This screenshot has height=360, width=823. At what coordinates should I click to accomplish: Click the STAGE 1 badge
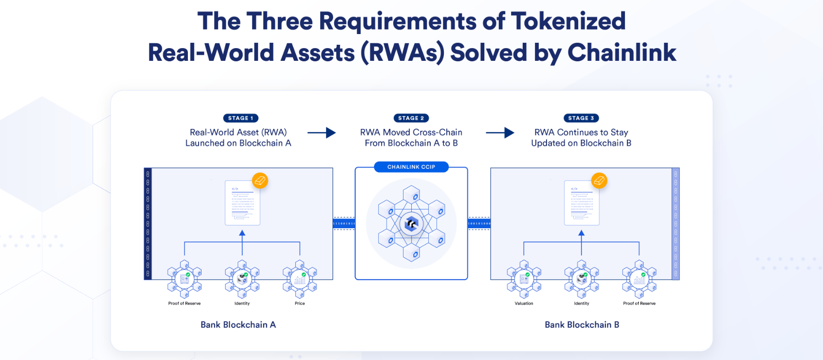coord(240,118)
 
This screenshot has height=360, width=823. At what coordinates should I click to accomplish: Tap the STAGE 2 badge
coord(411,118)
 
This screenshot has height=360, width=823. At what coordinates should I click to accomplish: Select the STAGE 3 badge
coord(581,118)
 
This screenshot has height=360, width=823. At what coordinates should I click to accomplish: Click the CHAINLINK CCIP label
coord(411,167)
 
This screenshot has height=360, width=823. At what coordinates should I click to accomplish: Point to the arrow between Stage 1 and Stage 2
coord(322,132)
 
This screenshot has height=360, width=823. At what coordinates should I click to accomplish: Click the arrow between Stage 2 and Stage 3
coord(500,132)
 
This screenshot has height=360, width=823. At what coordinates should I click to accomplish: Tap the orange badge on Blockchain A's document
coord(260,181)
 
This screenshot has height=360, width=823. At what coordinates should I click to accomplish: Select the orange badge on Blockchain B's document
coord(599,181)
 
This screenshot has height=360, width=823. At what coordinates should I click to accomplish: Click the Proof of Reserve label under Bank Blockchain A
coord(184,304)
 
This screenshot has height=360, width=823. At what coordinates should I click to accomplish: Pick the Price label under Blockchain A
coord(300,304)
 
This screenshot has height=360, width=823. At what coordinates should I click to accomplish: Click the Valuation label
coord(524,304)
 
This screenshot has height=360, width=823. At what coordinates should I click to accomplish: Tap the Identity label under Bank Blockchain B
coord(582,304)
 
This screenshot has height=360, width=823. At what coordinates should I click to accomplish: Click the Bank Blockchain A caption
coord(238,324)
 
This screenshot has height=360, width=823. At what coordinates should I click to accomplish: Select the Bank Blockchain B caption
coord(582,324)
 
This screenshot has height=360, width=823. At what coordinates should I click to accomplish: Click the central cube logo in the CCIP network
coord(412,224)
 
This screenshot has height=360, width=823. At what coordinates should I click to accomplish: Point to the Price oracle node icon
coord(300,279)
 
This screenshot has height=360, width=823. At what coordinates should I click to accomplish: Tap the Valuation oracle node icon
coord(524,279)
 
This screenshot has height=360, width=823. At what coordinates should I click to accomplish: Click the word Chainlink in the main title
coord(622,53)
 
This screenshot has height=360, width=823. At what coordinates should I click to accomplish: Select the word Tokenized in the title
coord(568,21)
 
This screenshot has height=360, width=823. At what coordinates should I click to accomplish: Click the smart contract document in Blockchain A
coord(242,203)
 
